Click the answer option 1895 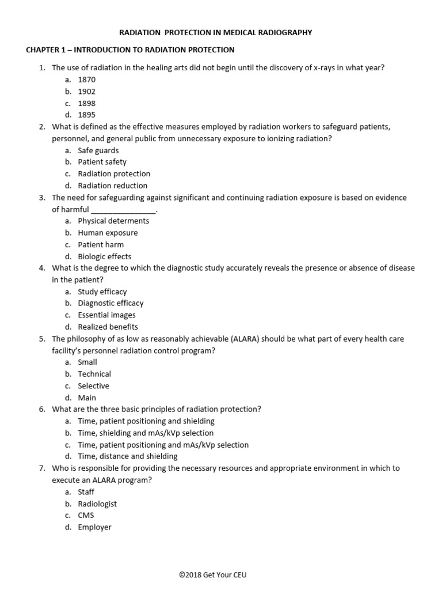pos(87,115)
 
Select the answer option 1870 pos(87,80)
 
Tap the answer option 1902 pos(87,92)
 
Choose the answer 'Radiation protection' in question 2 pos(114,174)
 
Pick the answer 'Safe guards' pos(98,150)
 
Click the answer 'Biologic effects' pos(104,256)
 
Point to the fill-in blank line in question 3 pos(123,210)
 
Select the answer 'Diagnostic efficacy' pos(110,303)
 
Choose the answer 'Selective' pos(93,386)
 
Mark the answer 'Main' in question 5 pos(87,398)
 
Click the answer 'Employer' pos(94,527)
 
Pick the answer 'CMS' pos(86,516)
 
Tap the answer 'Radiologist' pos(97,504)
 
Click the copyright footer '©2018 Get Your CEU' pos(220,574)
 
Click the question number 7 pos(42,468)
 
